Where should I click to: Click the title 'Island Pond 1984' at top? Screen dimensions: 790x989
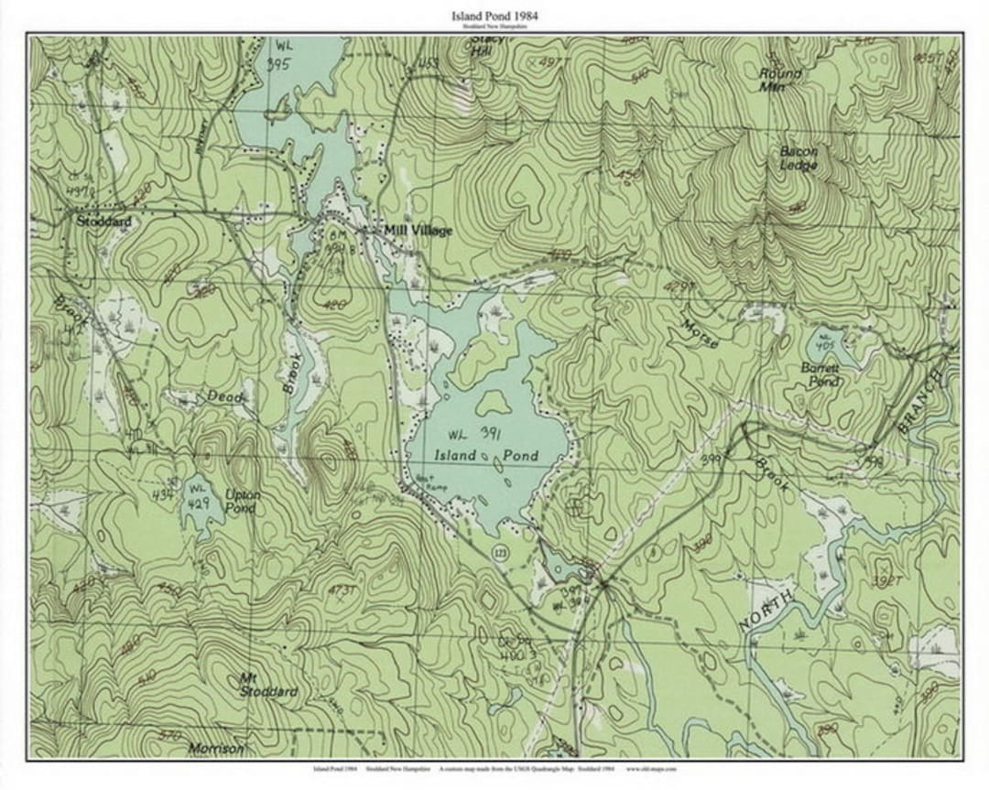click(x=494, y=16)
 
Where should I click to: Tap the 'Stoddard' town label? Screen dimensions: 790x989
click(x=103, y=222)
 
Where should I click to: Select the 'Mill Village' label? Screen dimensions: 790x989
click(x=418, y=231)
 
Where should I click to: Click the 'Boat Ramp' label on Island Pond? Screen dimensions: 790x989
click(x=424, y=482)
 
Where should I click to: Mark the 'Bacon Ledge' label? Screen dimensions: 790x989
click(x=799, y=157)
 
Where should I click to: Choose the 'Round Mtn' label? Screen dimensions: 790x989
click(x=780, y=80)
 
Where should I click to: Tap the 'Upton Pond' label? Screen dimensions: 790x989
click(x=243, y=501)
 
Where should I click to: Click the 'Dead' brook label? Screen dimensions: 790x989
click(x=224, y=396)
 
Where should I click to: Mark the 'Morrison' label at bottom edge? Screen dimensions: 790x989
click(x=216, y=749)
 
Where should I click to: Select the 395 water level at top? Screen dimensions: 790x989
click(x=278, y=64)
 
